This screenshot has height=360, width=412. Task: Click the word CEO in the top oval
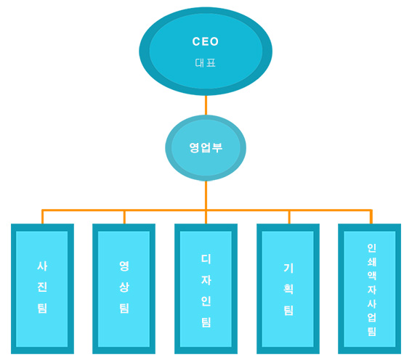click(x=206, y=41)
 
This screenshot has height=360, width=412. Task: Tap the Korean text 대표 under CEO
click(x=206, y=63)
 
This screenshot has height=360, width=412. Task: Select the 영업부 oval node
click(x=206, y=148)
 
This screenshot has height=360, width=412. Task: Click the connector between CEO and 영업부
click(x=206, y=105)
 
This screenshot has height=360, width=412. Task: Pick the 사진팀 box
click(x=42, y=289)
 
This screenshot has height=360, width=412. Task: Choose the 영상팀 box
click(x=124, y=289)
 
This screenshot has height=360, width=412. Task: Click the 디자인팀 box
click(x=206, y=289)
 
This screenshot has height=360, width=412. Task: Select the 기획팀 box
click(x=288, y=289)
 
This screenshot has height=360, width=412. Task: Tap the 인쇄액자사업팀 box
click(x=369, y=289)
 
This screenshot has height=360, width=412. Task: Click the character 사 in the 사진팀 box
click(x=42, y=266)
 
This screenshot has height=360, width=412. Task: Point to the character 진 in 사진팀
click(x=42, y=287)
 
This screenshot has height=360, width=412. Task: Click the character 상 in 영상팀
click(x=124, y=287)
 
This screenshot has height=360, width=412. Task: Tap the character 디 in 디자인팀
click(x=206, y=259)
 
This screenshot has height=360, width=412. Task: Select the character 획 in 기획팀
click(x=288, y=289)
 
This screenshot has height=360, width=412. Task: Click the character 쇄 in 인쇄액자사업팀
click(x=371, y=261)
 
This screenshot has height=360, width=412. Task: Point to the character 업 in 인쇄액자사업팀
click(x=371, y=317)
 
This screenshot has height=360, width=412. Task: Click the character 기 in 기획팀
click(x=288, y=268)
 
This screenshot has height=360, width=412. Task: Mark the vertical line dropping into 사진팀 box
click(x=42, y=217)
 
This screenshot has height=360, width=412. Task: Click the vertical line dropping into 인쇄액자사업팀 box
click(x=371, y=217)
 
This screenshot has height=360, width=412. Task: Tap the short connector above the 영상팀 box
click(x=124, y=217)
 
